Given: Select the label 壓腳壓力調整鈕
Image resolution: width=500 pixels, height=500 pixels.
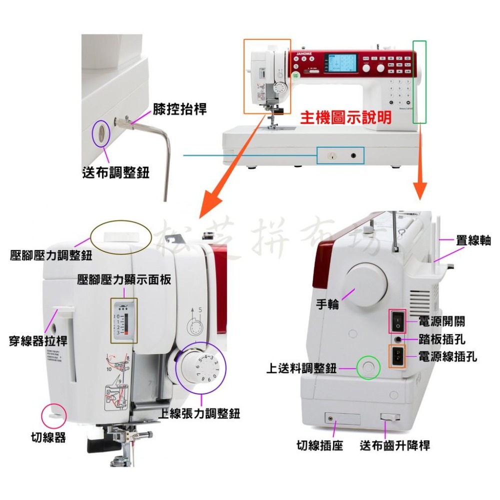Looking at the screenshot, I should [x=51, y=256].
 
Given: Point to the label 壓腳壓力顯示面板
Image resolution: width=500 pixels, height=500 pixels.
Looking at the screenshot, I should [x=124, y=280].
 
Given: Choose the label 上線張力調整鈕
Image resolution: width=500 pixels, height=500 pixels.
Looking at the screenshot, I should [x=198, y=413].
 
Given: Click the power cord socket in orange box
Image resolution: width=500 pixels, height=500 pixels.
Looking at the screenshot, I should [x=398, y=357].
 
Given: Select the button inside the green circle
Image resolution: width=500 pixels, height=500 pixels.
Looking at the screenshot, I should [x=368, y=368].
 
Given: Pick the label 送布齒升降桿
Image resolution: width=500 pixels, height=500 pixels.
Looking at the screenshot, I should [x=395, y=445].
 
